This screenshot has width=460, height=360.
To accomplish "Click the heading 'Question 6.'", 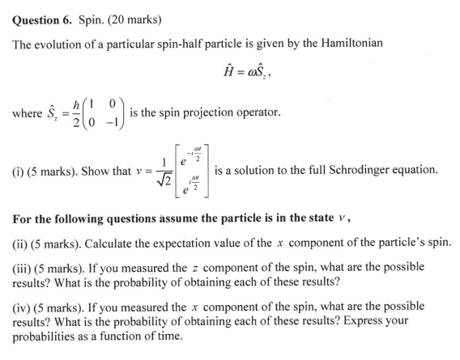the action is coord(40,15).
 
